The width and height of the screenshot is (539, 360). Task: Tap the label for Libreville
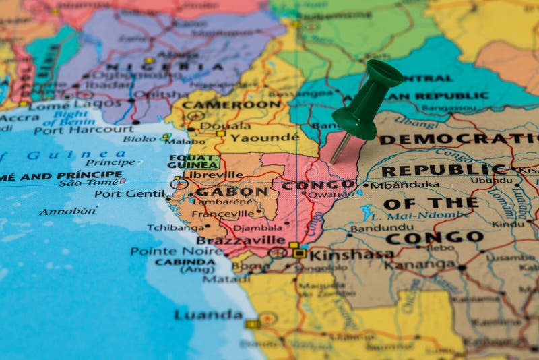[213, 175]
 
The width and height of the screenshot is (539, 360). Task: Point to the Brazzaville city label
[241, 240]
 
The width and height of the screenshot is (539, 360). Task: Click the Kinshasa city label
[351, 254]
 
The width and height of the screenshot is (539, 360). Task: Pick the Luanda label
[208, 315]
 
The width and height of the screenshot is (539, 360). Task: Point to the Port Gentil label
[129, 193]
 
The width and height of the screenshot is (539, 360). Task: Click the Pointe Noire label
[177, 251]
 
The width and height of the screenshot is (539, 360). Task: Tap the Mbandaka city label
[405, 185]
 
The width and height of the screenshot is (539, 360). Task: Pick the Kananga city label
[419, 265]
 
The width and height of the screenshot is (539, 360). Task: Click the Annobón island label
[67, 211]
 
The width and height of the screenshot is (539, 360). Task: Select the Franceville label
[222, 214]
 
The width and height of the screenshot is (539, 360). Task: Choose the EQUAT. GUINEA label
[193, 161]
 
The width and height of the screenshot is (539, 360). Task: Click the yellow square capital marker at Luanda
[252, 324]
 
